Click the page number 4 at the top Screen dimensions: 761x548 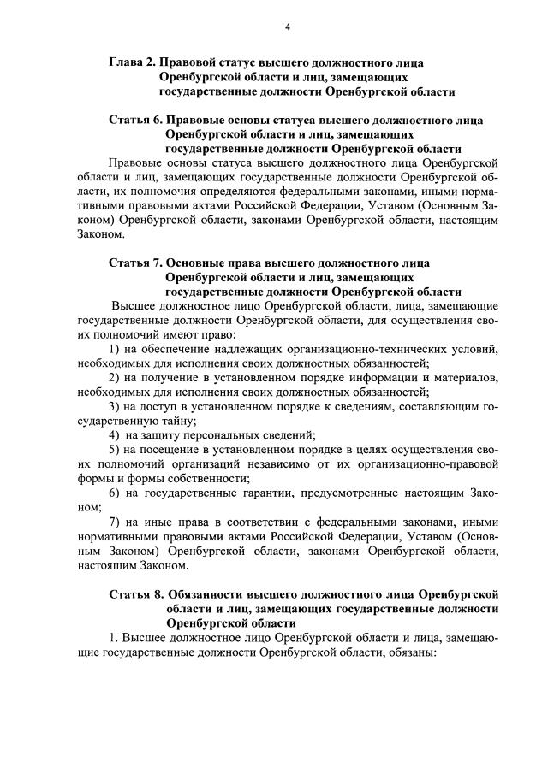tap(288, 27)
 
